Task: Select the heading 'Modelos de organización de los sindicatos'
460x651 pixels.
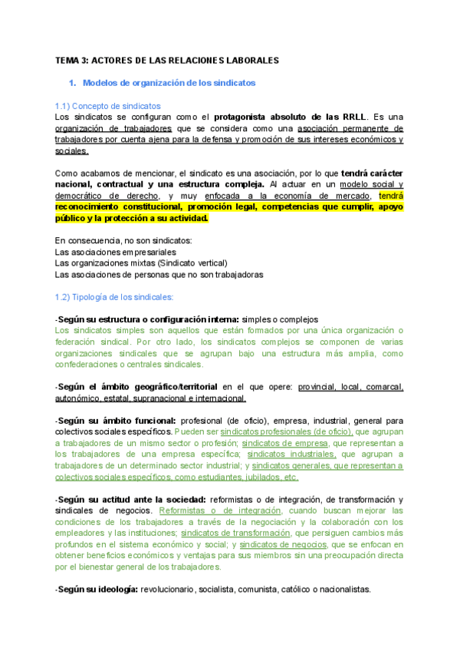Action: point(169,82)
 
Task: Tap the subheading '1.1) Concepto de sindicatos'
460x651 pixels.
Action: point(108,105)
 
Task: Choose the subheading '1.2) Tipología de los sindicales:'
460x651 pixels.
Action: point(114,297)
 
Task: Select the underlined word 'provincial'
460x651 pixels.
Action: point(317,387)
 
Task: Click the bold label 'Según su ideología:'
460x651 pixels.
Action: point(95,590)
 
